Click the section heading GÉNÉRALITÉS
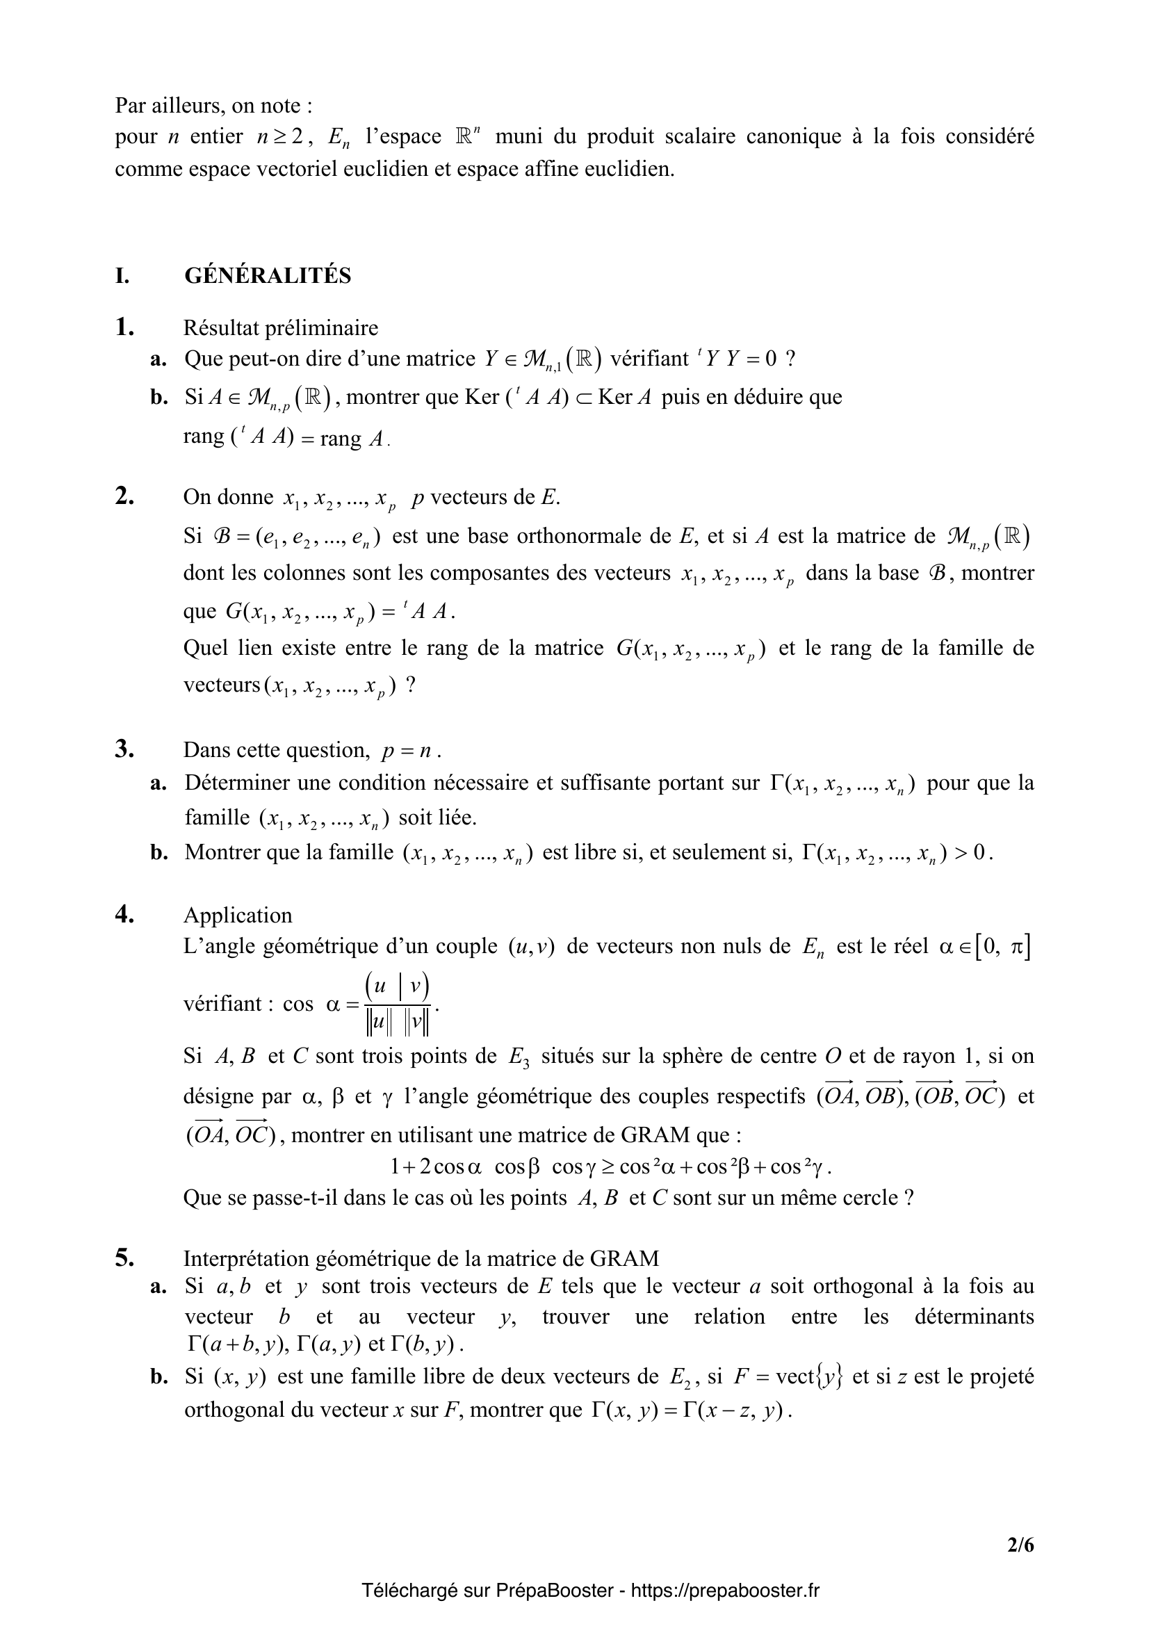(268, 275)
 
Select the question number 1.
(124, 327)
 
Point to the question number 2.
(124, 496)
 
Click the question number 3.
(124, 749)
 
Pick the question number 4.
(124, 914)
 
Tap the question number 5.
(124, 1258)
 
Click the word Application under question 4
(237, 915)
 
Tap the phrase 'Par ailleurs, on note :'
(213, 106)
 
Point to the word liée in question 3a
(455, 818)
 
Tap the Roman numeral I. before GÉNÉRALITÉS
(122, 275)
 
